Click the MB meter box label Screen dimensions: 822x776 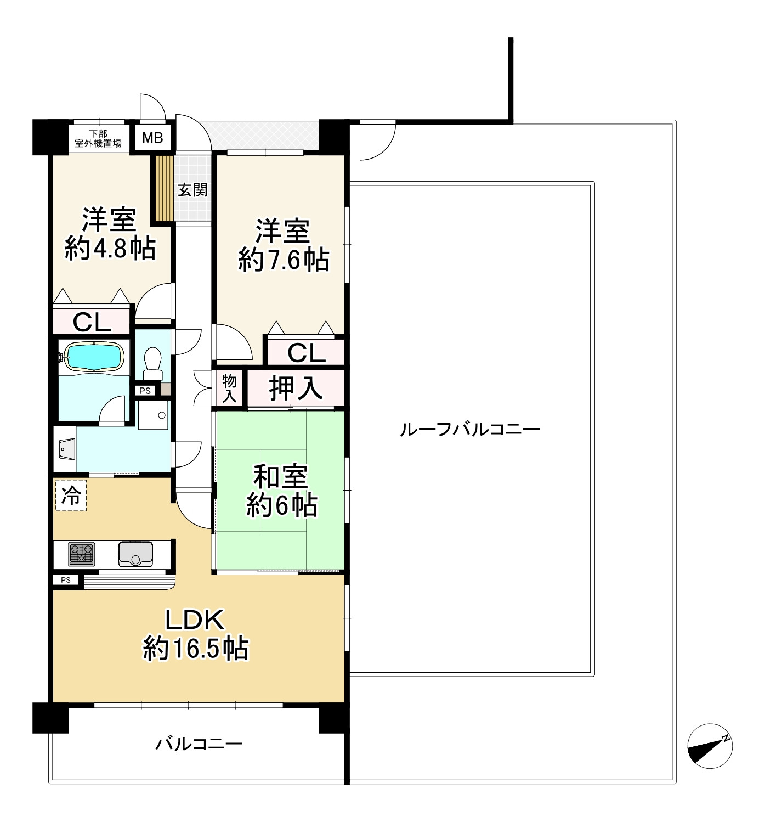[x=152, y=138]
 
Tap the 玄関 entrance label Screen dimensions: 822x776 [x=192, y=190]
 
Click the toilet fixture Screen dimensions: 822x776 [x=152, y=363]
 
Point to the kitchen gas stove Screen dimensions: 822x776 [x=81, y=554]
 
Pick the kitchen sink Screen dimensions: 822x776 [x=135, y=554]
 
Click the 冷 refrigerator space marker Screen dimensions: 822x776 [x=71, y=496]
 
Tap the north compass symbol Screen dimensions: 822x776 [x=710, y=746]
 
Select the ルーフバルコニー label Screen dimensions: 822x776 [x=470, y=429]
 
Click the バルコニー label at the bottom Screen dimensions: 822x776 [x=199, y=744]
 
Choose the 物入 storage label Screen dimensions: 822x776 [x=229, y=389]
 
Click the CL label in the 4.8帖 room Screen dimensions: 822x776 [x=92, y=323]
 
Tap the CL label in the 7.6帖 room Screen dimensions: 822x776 [x=306, y=353]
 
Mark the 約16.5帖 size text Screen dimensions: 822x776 [x=196, y=649]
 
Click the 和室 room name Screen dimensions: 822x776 [x=280, y=476]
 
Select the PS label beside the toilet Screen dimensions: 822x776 [x=145, y=391]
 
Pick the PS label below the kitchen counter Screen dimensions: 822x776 [x=66, y=580]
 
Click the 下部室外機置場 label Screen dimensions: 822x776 [x=98, y=139]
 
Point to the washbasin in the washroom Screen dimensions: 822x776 [x=66, y=449]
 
